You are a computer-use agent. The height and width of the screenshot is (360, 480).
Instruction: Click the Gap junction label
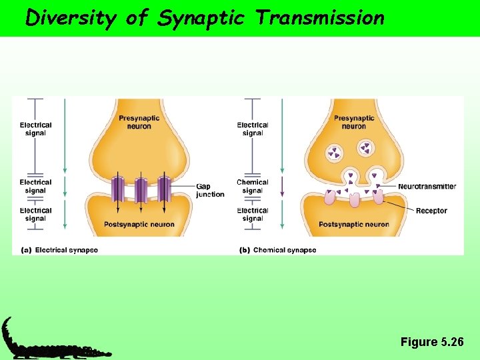[210, 190]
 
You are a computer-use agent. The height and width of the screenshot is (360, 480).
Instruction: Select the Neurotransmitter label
[427, 187]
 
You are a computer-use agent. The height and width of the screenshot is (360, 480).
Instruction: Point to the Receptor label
[431, 211]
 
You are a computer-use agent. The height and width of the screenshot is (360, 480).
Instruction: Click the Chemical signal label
[253, 186]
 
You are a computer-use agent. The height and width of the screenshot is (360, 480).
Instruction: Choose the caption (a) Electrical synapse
[60, 250]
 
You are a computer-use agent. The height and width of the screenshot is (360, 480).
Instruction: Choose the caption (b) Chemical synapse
[278, 250]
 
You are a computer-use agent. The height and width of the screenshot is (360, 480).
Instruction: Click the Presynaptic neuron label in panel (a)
[139, 122]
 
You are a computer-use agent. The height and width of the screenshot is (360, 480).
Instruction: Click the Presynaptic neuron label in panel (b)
[354, 122]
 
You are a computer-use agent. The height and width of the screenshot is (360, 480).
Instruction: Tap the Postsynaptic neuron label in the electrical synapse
[139, 224]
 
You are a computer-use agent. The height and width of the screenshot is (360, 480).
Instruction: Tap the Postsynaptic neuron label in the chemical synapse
[354, 224]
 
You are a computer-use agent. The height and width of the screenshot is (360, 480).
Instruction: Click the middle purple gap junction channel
[141, 190]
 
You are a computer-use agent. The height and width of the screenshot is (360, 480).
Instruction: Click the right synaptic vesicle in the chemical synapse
[365, 148]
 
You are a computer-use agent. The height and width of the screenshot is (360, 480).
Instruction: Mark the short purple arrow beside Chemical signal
[282, 187]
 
